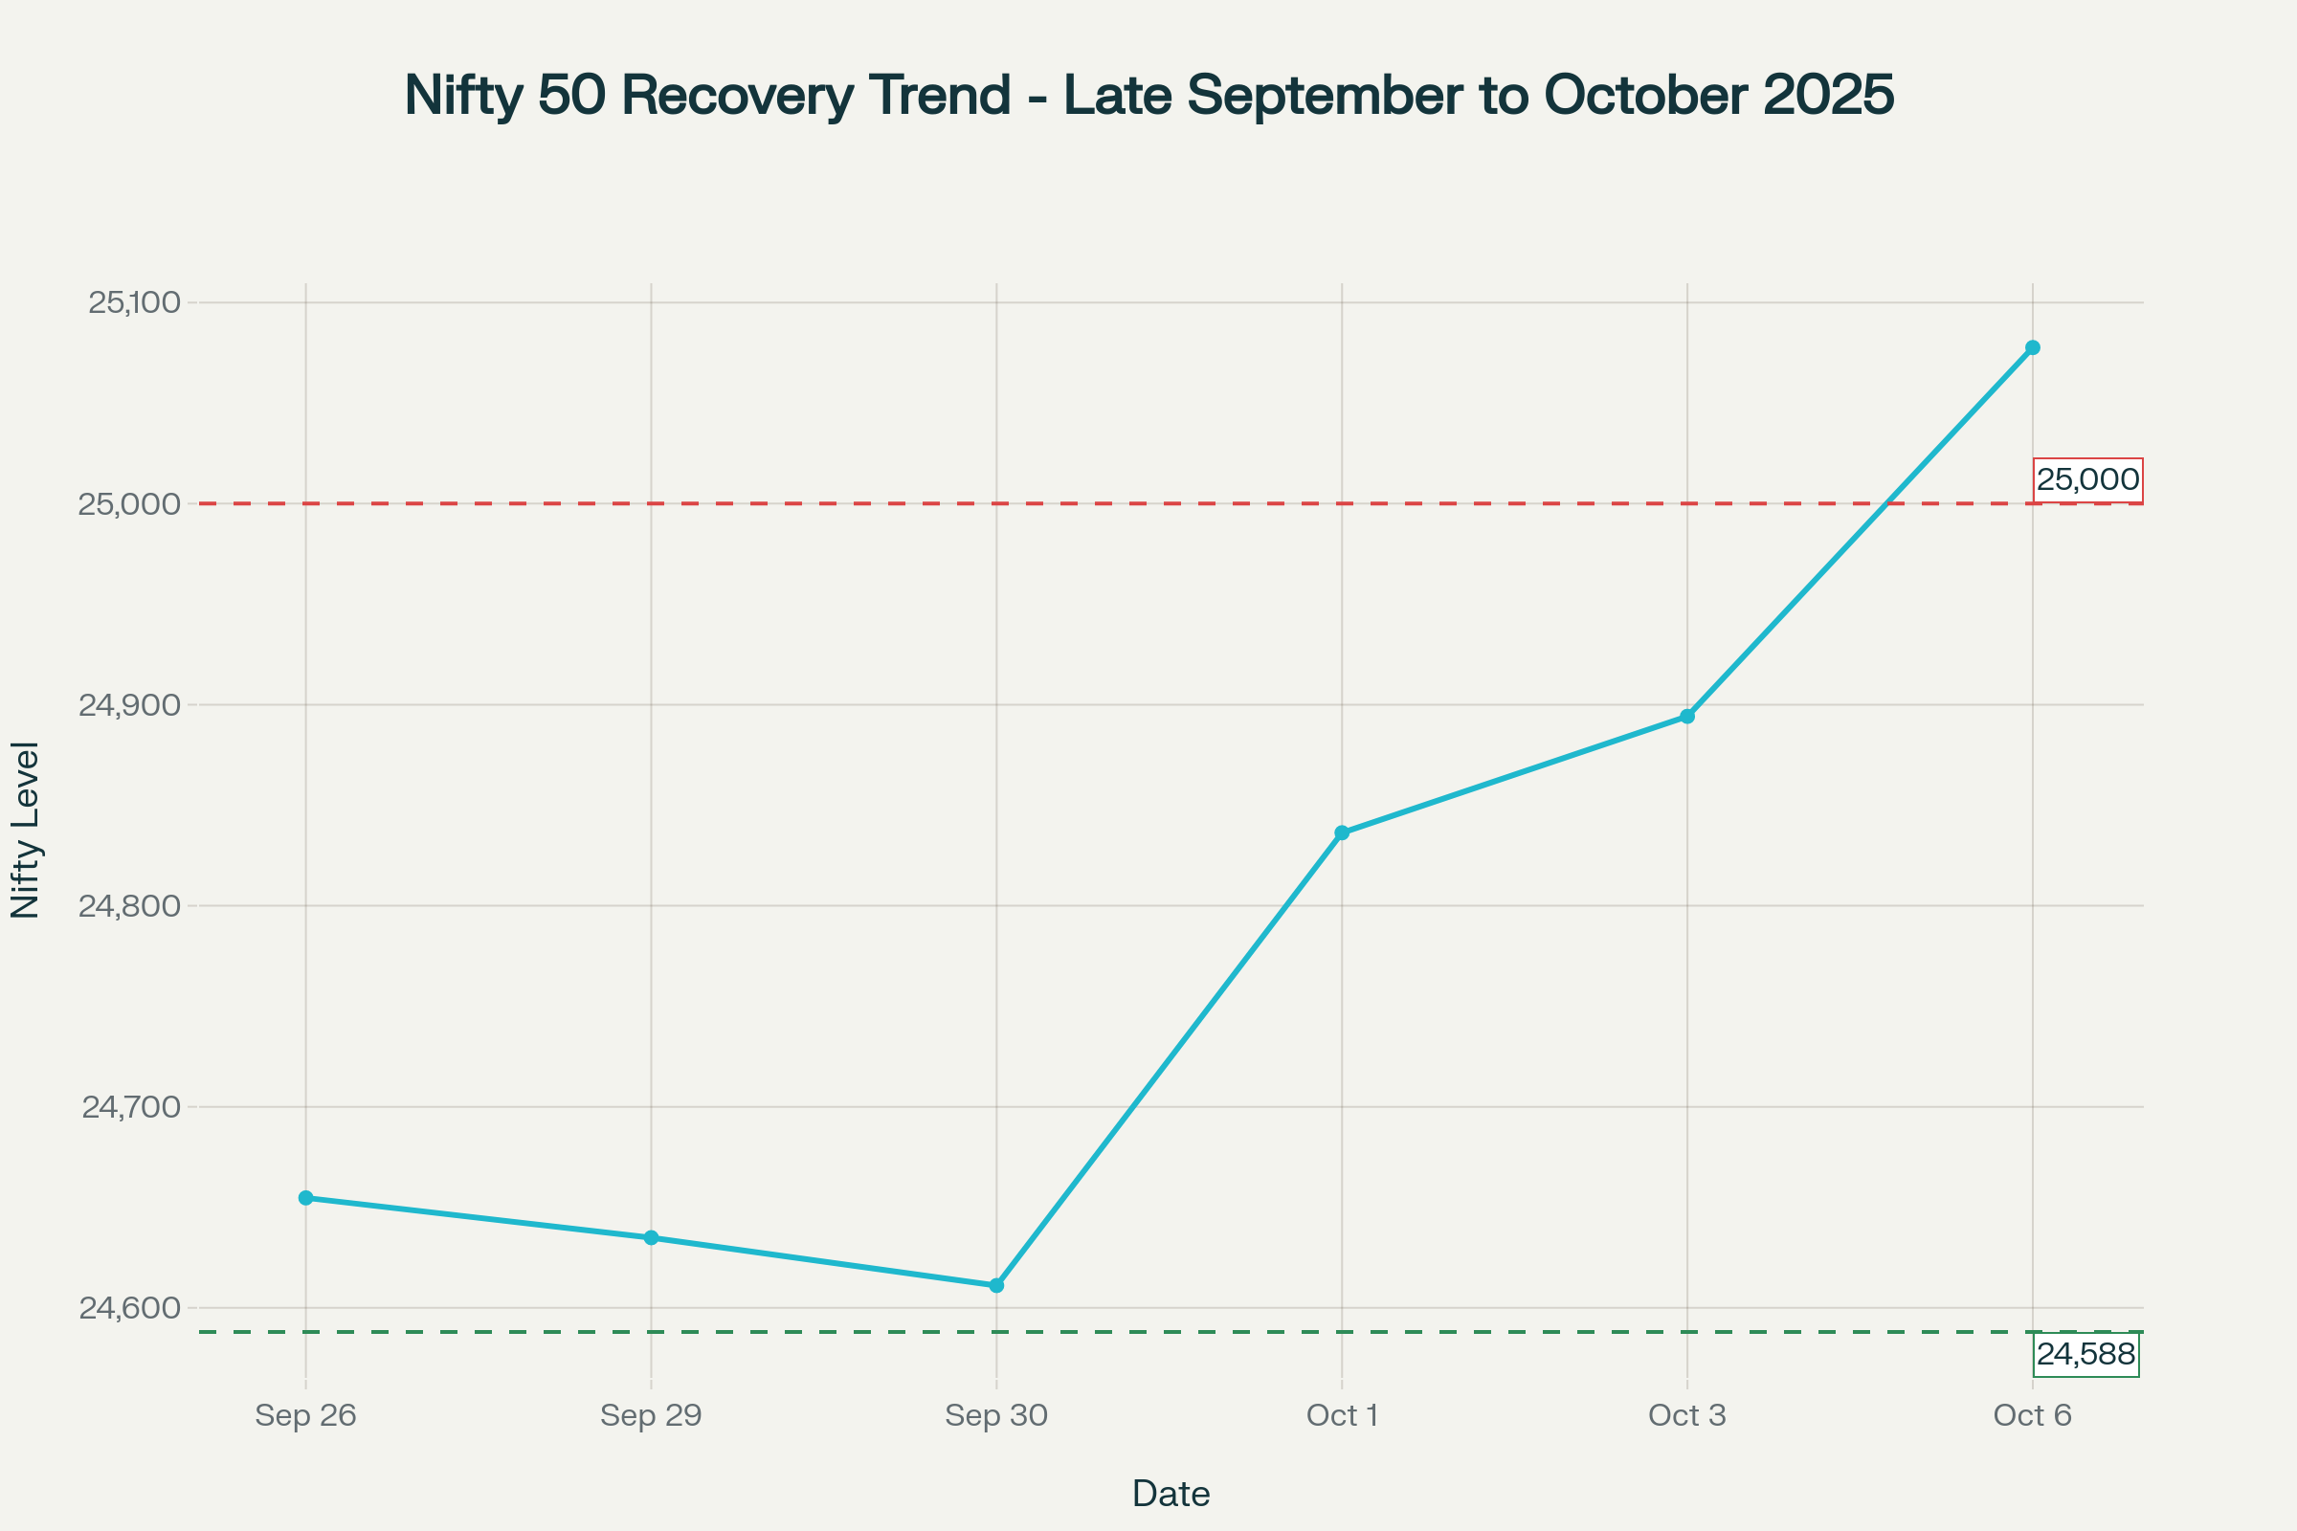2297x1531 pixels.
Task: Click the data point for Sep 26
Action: [305, 1198]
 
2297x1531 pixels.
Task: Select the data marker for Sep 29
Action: [652, 1238]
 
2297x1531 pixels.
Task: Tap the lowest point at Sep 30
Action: [996, 1285]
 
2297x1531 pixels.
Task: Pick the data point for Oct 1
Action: [1342, 832]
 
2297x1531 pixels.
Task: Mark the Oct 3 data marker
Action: [1687, 716]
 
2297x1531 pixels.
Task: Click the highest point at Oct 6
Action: [2032, 347]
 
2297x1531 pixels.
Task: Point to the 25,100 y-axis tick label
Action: [135, 302]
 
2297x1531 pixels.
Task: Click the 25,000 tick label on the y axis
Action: [130, 504]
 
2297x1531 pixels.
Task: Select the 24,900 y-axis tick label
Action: [130, 705]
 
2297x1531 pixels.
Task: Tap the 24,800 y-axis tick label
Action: [130, 906]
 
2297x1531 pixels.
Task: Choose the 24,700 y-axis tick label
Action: [131, 1107]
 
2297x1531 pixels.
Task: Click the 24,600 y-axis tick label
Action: [130, 1308]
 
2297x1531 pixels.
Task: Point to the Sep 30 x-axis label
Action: [996, 1415]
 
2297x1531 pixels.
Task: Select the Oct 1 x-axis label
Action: [1342, 1415]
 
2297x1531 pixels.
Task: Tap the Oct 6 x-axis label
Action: [2032, 1415]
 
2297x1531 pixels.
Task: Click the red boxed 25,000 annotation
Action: [2088, 479]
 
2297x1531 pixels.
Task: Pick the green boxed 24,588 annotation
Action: [2086, 1354]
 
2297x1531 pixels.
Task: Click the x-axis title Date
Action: [1171, 1494]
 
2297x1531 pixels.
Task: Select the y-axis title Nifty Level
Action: [26, 830]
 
